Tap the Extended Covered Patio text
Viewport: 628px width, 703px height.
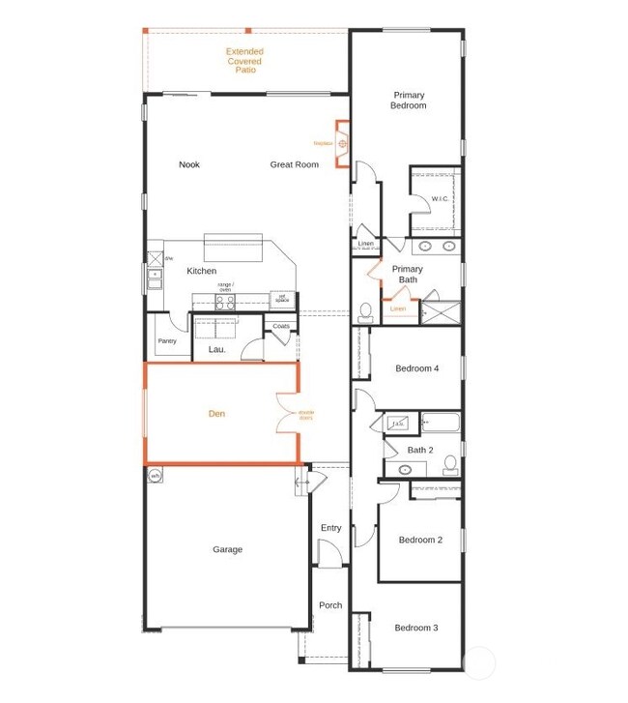tap(244, 61)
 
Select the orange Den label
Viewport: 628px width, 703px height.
tap(217, 414)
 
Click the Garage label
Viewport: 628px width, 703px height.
tap(228, 549)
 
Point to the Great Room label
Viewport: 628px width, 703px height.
tap(294, 164)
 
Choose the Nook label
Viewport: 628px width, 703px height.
tap(189, 164)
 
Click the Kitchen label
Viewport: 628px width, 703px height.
tap(202, 271)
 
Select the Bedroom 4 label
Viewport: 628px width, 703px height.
tap(417, 368)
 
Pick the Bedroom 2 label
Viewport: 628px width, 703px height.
tap(420, 540)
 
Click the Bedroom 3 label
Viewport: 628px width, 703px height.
tap(416, 628)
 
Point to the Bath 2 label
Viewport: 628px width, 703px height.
tap(419, 450)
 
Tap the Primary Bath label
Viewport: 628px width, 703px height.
tap(408, 275)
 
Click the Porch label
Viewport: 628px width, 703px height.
tap(330, 605)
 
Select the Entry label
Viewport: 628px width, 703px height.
tap(330, 527)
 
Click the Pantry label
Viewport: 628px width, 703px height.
tap(167, 340)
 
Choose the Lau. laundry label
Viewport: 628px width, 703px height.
tap(216, 349)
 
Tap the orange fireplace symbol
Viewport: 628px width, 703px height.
tap(342, 144)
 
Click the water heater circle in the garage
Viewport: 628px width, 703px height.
tap(155, 475)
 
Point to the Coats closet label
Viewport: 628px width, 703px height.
tap(281, 327)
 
